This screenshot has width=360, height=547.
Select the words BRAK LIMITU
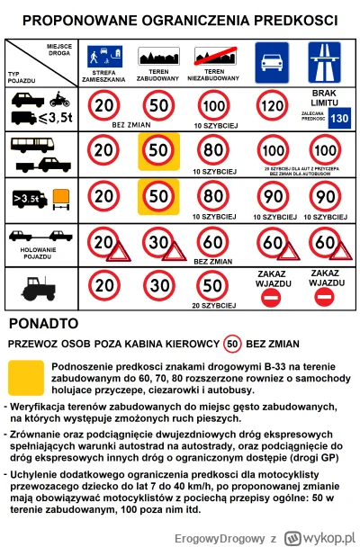click(x=323, y=98)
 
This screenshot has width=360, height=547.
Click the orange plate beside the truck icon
click(x=61, y=194)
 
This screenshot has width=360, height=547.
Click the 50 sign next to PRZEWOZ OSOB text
click(x=233, y=344)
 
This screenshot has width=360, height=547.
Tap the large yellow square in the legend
click(x=25, y=380)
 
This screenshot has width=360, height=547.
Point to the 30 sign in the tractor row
click(x=159, y=286)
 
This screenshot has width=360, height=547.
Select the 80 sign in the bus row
click(x=213, y=149)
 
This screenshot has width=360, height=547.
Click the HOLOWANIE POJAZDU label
click(x=40, y=255)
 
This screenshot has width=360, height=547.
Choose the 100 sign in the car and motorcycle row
click(x=213, y=104)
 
